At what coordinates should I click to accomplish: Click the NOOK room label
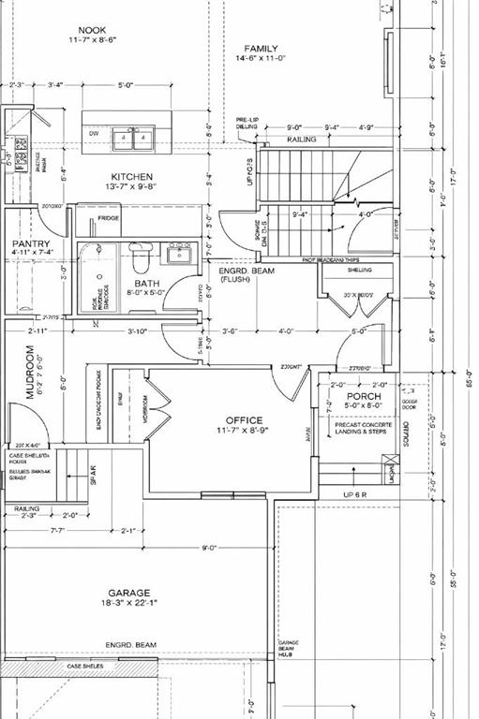click(92, 31)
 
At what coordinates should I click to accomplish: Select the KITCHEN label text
click(132, 177)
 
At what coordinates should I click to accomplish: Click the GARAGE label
click(129, 593)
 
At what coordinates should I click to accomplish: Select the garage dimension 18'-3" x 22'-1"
click(129, 606)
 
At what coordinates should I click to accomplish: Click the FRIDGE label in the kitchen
click(109, 218)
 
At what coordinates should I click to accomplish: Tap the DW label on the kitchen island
click(93, 134)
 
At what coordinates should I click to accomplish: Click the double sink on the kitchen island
click(132, 139)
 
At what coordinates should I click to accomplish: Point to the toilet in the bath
click(140, 256)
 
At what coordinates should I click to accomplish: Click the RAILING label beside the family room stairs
click(302, 139)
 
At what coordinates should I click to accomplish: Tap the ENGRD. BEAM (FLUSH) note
click(234, 273)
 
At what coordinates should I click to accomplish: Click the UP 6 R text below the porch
click(355, 493)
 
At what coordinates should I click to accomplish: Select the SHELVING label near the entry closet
click(359, 270)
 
